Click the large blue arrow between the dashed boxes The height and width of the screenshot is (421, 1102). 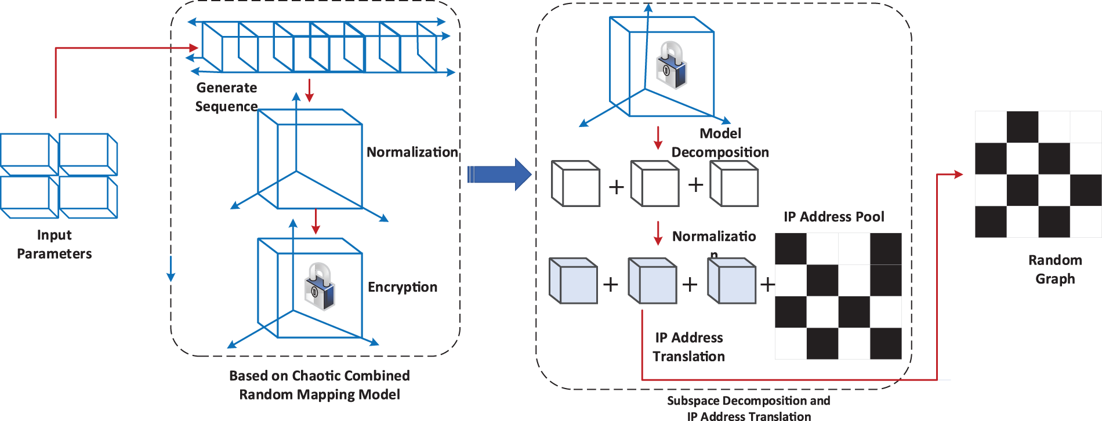(500, 174)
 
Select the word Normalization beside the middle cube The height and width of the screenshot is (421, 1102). (412, 152)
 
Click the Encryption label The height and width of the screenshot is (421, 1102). (403, 287)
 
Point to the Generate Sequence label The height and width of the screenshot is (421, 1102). (226, 97)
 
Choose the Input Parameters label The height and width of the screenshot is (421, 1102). (55, 244)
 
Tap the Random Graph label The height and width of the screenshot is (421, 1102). (1055, 269)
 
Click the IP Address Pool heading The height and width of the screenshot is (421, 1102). (833, 217)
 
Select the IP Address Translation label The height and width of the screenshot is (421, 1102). (689, 347)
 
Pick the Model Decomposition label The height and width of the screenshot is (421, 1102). (720, 143)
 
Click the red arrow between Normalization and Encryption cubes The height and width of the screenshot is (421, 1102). (316, 221)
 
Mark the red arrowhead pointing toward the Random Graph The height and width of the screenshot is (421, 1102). (958, 174)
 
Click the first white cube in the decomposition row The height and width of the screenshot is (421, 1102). (575, 184)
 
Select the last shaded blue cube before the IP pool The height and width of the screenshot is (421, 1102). (732, 281)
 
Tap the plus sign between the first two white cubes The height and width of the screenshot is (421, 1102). (616, 187)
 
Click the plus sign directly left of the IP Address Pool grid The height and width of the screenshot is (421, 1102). (767, 284)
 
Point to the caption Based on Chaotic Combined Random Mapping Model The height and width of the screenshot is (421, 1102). (320, 385)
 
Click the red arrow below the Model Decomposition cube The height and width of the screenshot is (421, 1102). (658, 138)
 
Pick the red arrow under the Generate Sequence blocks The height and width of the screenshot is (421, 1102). (309, 90)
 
